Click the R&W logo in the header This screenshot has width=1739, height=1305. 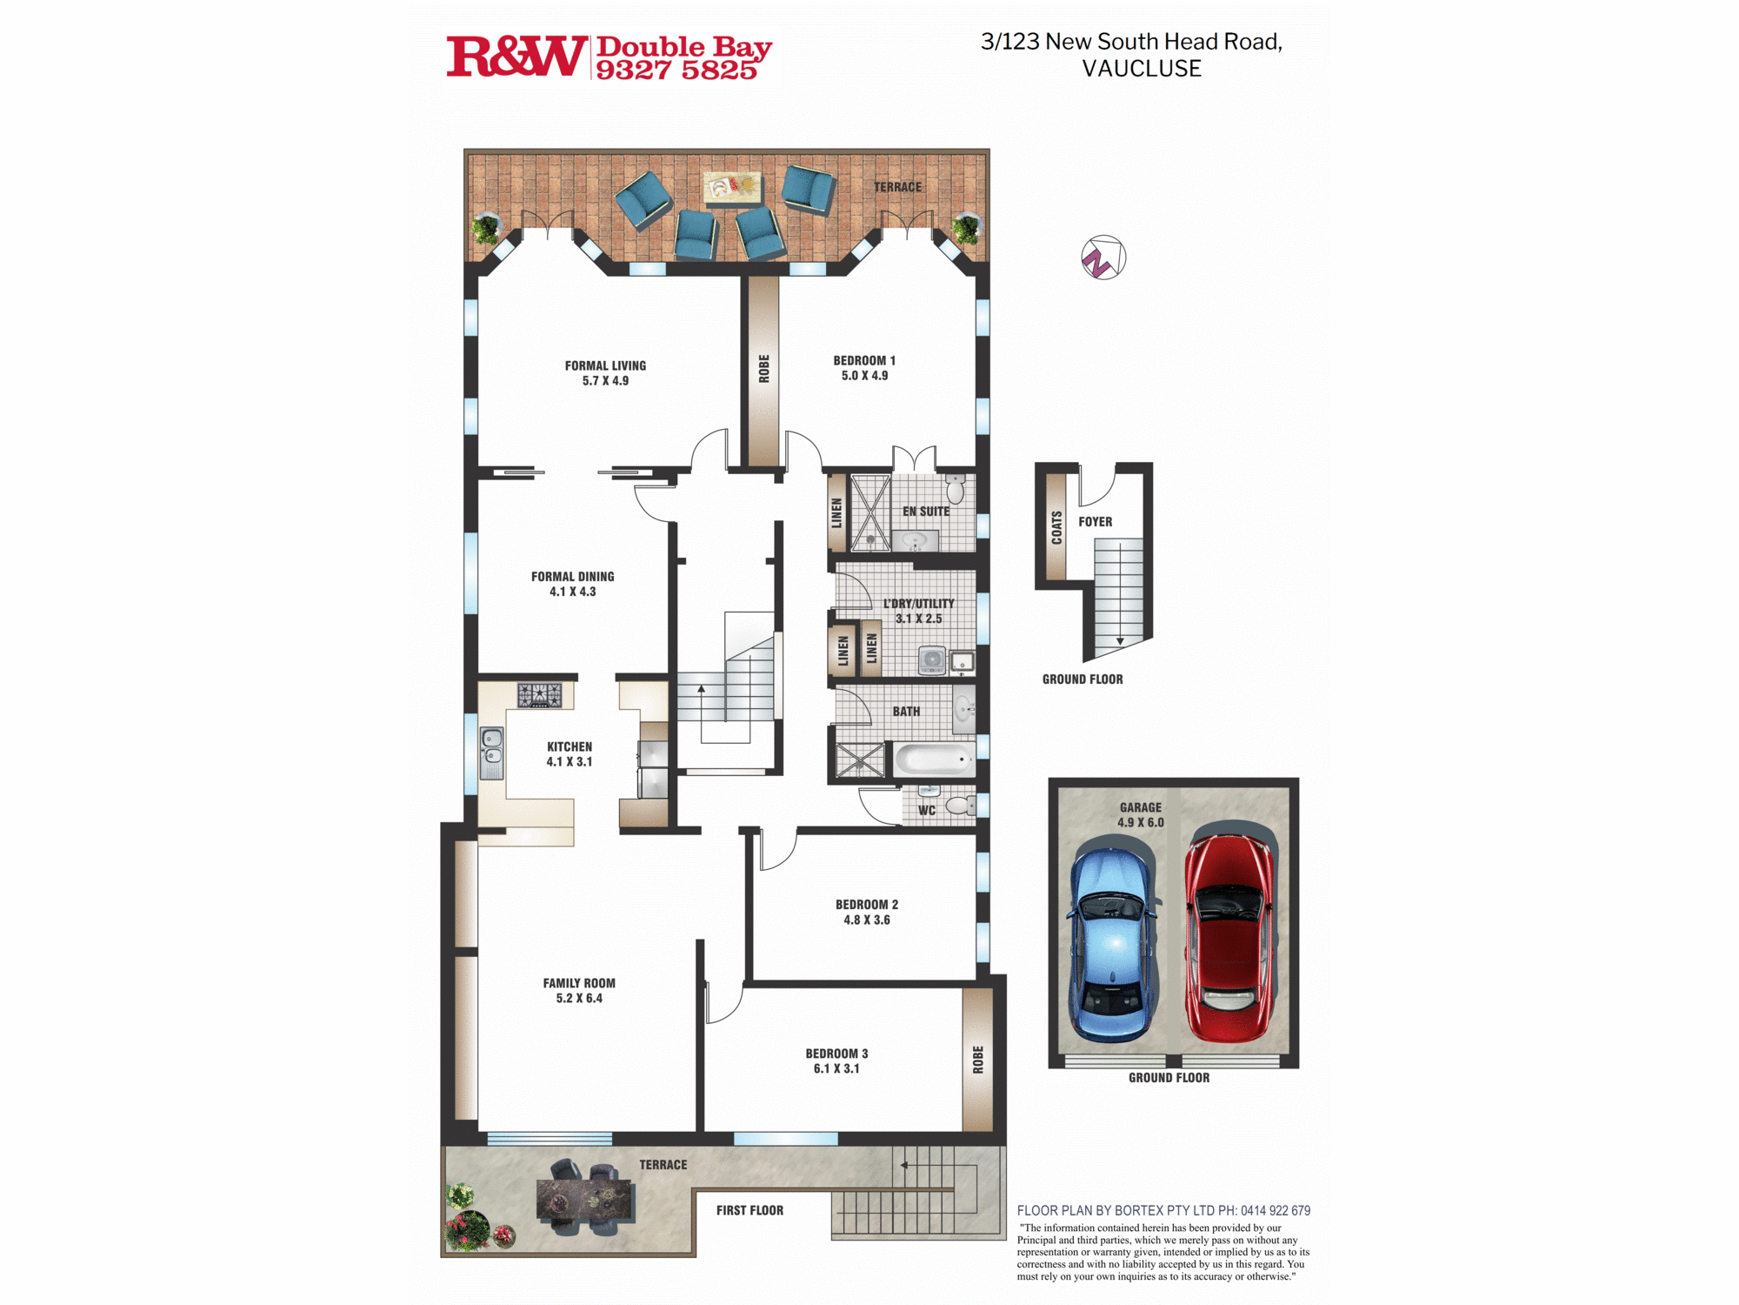pyautogui.click(x=516, y=57)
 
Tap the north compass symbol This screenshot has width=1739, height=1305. pyautogui.click(x=1103, y=258)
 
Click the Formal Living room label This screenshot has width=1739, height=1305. pyautogui.click(x=605, y=366)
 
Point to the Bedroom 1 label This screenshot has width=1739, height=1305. pyautogui.click(x=864, y=360)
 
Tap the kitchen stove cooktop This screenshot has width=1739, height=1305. pyautogui.click(x=540, y=695)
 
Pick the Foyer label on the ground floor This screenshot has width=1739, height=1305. pyautogui.click(x=1095, y=522)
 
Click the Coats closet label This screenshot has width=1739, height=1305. pyautogui.click(x=1056, y=528)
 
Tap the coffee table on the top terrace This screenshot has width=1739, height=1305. pyautogui.click(x=732, y=187)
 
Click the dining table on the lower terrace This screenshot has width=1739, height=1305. pyautogui.click(x=584, y=1199)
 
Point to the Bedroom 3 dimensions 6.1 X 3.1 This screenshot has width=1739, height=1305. pyautogui.click(x=836, y=1068)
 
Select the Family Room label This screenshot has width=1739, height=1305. pyautogui.click(x=579, y=983)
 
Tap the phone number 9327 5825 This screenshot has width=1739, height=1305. pyautogui.click(x=676, y=70)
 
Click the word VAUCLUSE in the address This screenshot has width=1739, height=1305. pyautogui.click(x=1142, y=69)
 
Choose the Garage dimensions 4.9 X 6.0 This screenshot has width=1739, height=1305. pyautogui.click(x=1140, y=822)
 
